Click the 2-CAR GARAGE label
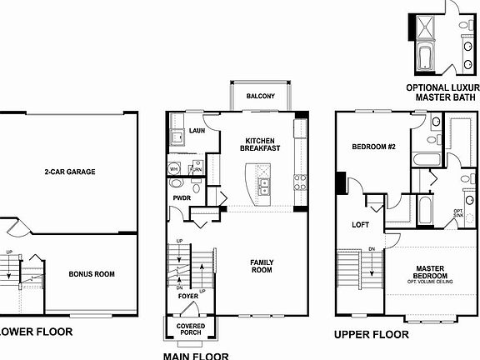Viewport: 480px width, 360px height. (x=70, y=172)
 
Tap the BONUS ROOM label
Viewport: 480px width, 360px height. (x=91, y=273)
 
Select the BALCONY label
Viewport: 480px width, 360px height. (x=260, y=97)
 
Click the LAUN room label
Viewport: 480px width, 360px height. (x=197, y=131)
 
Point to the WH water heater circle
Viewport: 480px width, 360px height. (x=175, y=168)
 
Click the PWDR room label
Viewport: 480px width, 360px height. (x=182, y=197)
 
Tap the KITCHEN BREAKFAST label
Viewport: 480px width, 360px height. (x=262, y=144)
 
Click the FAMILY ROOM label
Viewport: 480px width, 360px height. (x=262, y=266)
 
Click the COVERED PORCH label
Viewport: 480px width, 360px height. (x=189, y=330)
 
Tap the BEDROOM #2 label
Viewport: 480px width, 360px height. (x=372, y=147)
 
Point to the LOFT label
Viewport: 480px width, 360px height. (x=360, y=224)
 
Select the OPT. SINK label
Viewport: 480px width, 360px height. (x=457, y=213)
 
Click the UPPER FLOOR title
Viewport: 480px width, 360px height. (x=371, y=334)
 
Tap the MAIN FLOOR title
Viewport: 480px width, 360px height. (x=197, y=355)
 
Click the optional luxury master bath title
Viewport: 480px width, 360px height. (x=442, y=92)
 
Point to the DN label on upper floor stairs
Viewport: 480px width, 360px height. (x=372, y=247)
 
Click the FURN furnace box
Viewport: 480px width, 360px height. (x=196, y=168)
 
